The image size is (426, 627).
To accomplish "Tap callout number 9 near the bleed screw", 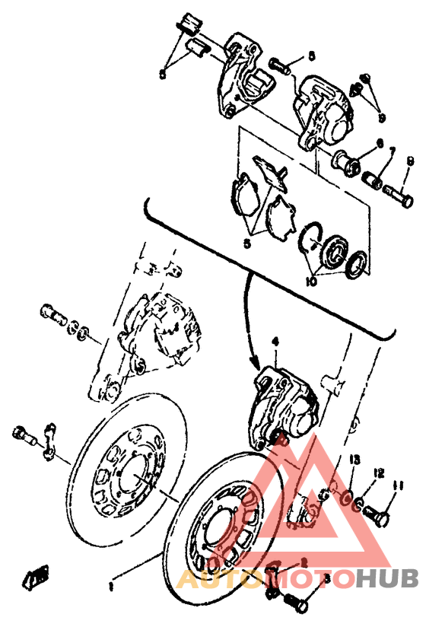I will point(383,118).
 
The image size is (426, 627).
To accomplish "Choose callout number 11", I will point(396,485).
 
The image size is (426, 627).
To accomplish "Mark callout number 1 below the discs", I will point(111,587).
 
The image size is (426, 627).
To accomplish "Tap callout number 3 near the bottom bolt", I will point(327,578).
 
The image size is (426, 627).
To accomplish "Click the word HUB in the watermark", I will point(389,580).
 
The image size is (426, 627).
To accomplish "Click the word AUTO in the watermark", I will point(210,580).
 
